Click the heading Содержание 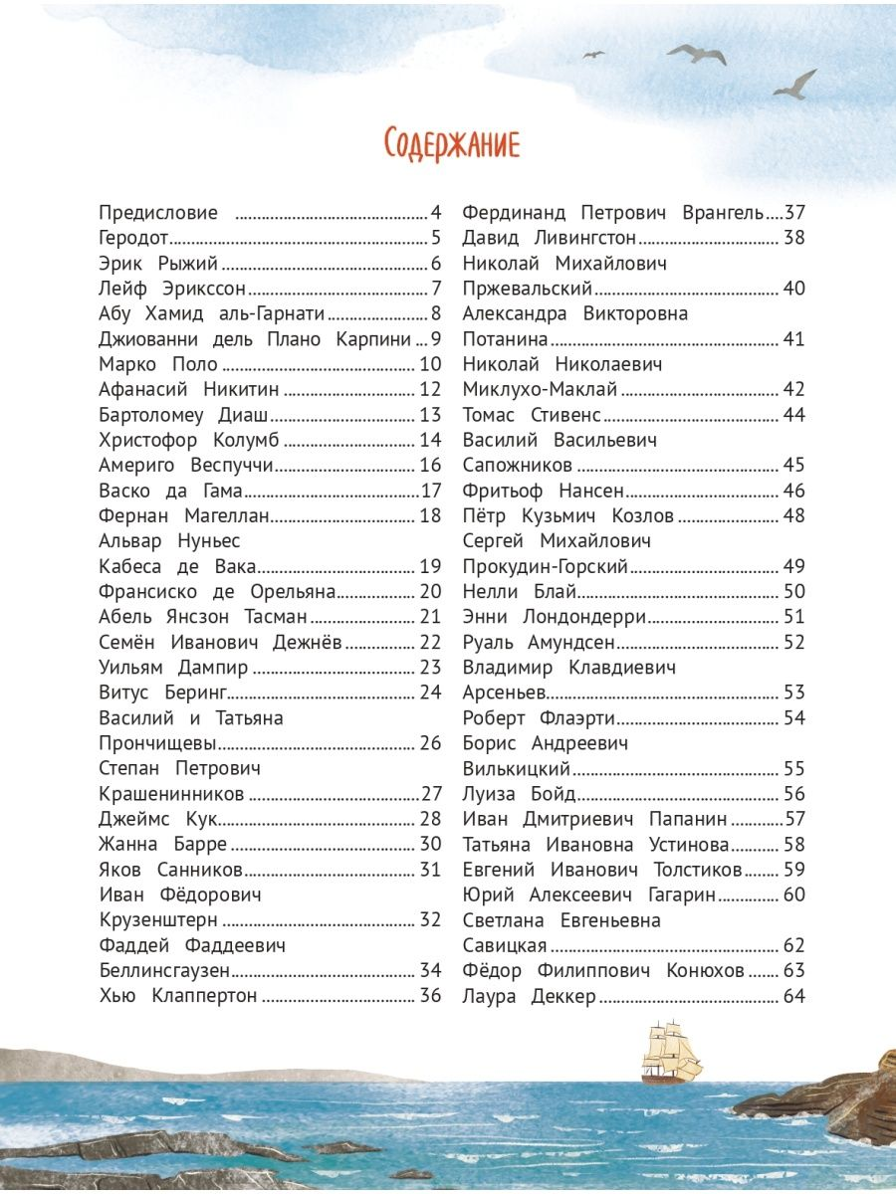point(452,144)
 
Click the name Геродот point(134,238)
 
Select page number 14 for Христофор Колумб point(430,440)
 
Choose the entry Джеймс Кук point(158,819)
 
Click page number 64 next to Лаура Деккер point(793,996)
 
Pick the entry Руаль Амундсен point(539,642)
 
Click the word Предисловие point(158,213)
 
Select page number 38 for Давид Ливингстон point(793,238)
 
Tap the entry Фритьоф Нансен point(544,491)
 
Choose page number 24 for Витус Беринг point(430,693)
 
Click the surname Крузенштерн point(158,920)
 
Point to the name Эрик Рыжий point(158,264)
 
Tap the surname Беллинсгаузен point(165,971)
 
